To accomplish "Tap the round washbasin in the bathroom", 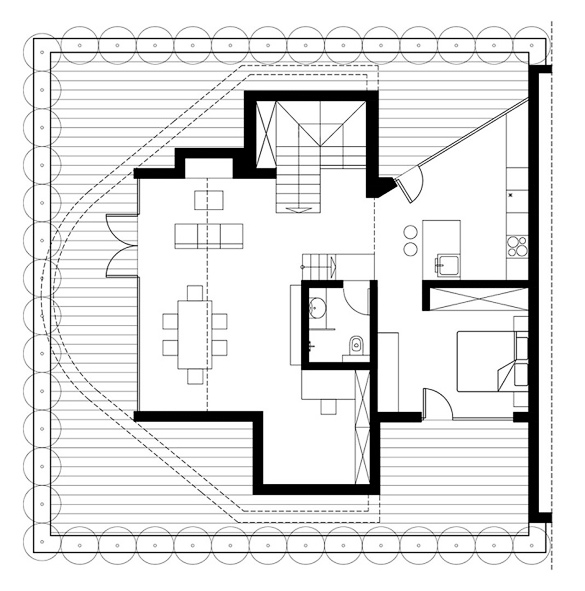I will [x=317, y=307].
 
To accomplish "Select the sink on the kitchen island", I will [x=447, y=265].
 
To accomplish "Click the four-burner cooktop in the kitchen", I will [x=516, y=246].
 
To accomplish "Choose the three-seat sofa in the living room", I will [x=209, y=235].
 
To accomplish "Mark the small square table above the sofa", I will [x=208, y=199].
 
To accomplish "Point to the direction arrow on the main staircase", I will [x=296, y=208].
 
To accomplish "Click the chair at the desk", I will [x=329, y=405].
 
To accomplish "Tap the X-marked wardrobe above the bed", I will [x=476, y=298].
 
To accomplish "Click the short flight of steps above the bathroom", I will [x=318, y=267].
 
